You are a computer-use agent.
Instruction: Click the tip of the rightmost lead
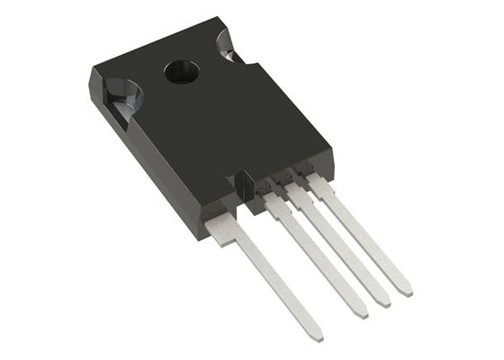click(x=406, y=290)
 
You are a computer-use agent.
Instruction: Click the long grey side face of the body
click(x=144, y=162)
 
